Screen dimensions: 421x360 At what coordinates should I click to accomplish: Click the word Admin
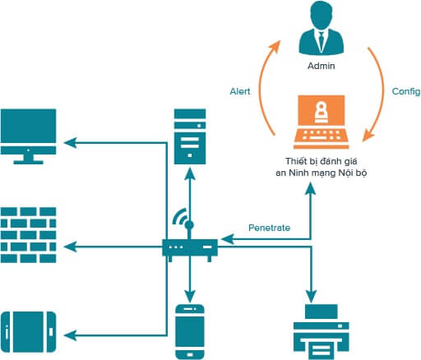tap(322, 66)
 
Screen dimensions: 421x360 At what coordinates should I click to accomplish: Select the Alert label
tap(240, 91)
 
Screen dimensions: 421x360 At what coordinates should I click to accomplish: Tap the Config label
tap(406, 92)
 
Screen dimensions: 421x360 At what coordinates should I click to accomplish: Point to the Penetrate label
tap(269, 228)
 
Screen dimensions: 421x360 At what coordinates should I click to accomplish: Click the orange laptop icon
tap(321, 122)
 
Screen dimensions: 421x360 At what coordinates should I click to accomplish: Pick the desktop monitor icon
tap(29, 136)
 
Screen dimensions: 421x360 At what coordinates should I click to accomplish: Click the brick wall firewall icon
tap(29, 235)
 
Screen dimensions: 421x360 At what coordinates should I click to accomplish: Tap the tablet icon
tap(29, 332)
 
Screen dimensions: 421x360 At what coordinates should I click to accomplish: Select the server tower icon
tap(190, 136)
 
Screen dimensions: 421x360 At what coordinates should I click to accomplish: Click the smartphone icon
tap(190, 331)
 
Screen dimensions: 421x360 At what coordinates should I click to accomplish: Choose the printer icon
tap(322, 332)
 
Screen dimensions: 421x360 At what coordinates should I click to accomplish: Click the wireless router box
tap(190, 247)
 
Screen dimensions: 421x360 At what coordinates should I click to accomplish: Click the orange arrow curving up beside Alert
tap(266, 88)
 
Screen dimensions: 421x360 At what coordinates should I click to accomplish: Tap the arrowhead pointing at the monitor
tap(70, 143)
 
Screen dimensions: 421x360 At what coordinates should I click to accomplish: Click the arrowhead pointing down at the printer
tap(311, 296)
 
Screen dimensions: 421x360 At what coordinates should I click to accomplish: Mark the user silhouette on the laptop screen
tap(321, 112)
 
